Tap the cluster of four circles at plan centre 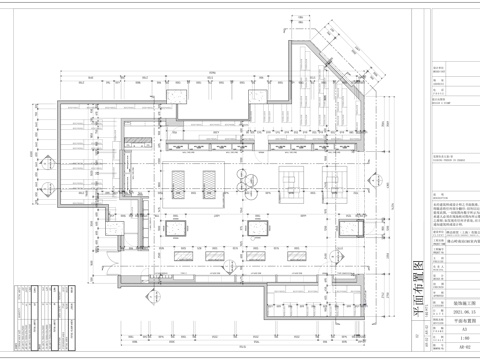243,177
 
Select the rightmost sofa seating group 331,179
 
